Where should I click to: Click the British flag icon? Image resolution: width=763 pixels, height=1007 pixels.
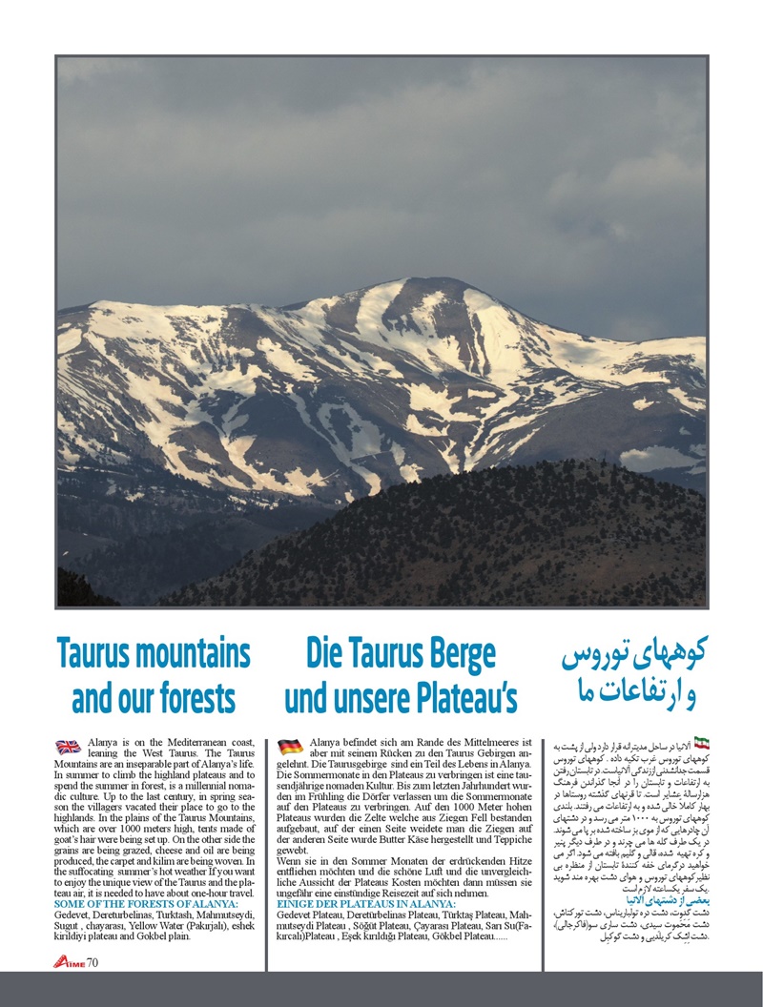coord(68,747)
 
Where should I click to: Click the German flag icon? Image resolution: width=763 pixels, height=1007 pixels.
coord(291,747)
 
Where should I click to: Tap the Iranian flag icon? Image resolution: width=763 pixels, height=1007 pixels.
coord(702,742)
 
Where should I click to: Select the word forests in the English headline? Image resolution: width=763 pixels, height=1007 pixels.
coord(189,697)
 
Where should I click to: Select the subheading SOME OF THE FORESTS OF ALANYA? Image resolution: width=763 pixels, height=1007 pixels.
coord(148,902)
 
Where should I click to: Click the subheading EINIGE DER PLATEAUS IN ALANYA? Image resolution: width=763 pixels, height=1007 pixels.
coord(366,902)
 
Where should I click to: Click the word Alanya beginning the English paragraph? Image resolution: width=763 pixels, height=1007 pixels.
coord(102,740)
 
